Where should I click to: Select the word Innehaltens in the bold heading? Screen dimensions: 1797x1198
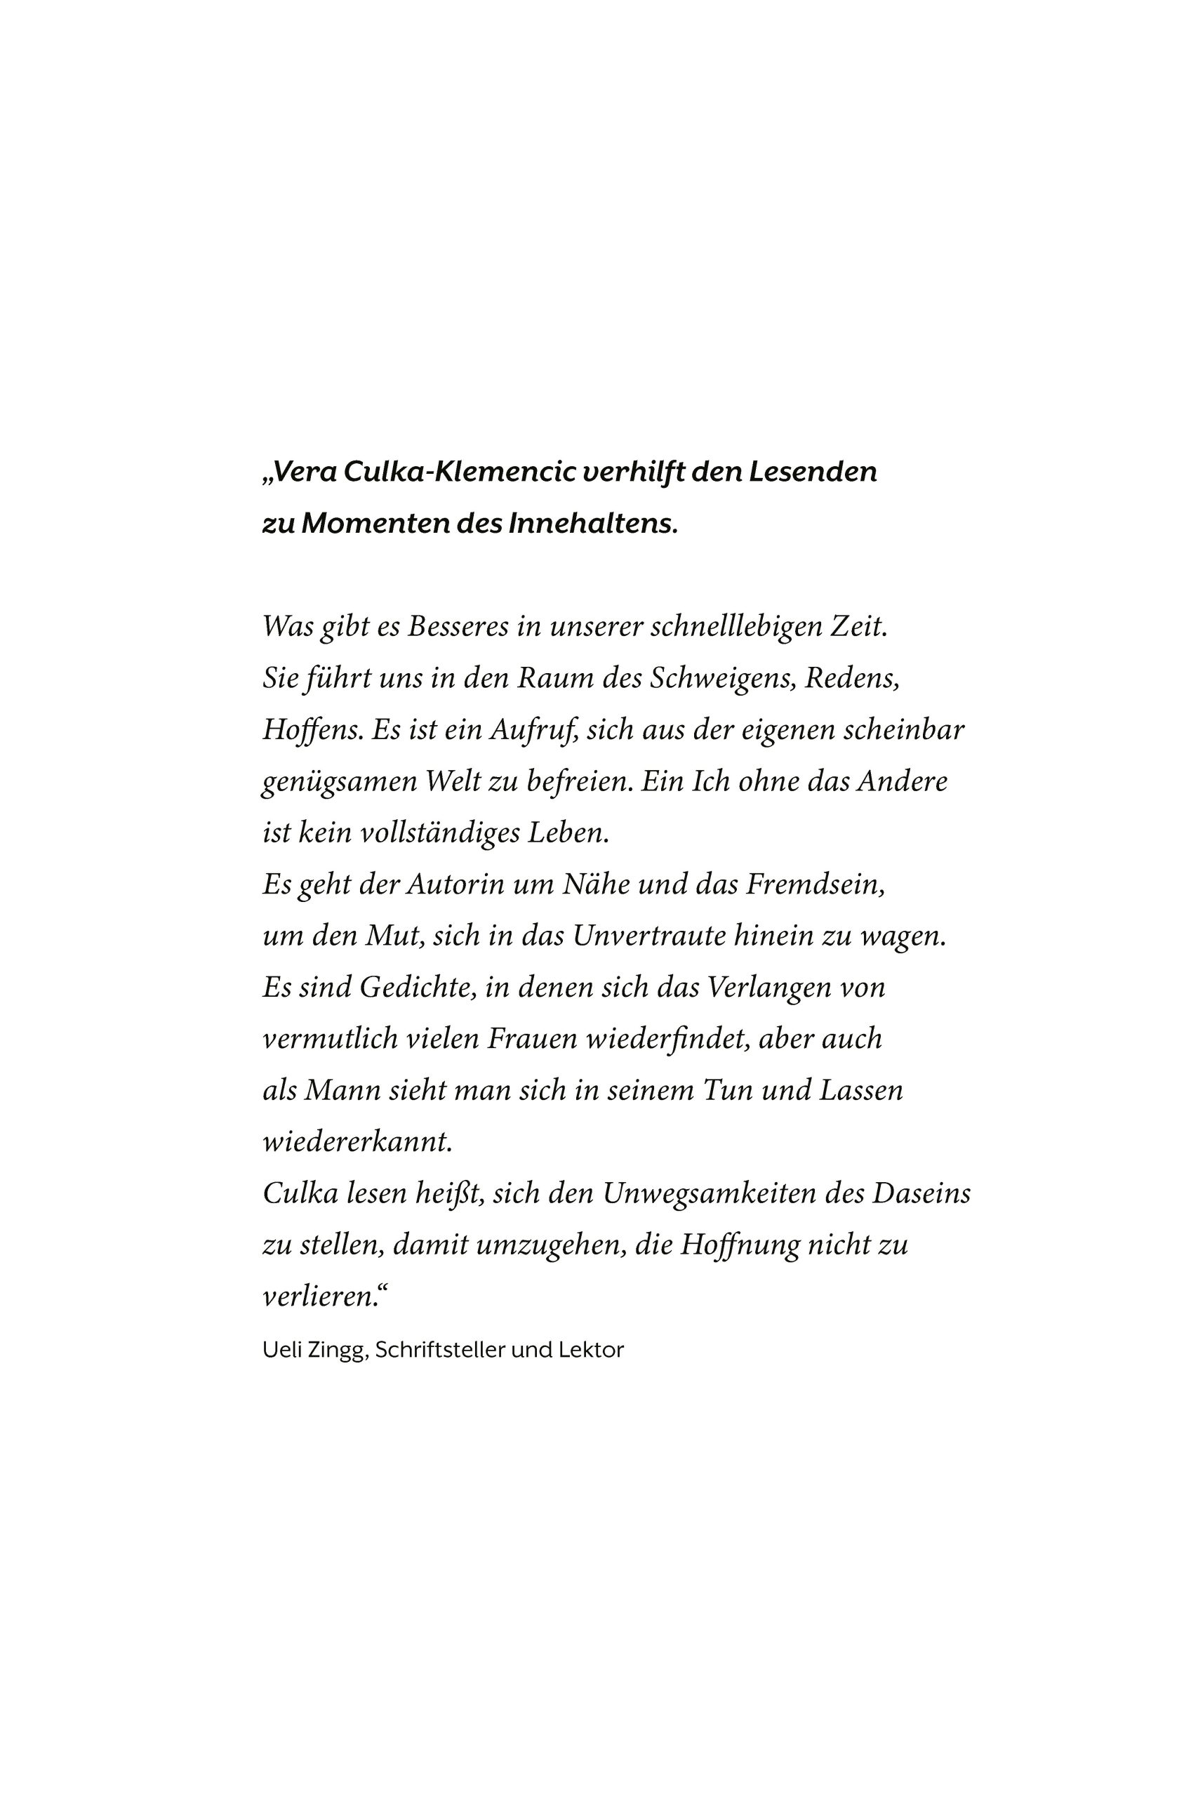tap(592, 524)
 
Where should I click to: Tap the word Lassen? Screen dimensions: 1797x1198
tap(861, 1090)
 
